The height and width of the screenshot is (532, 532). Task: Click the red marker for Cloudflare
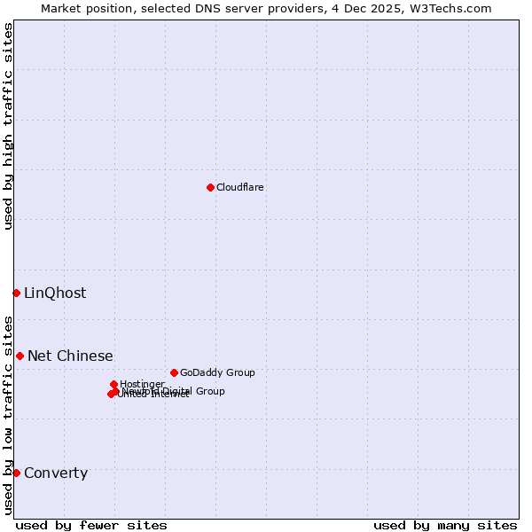[210, 187]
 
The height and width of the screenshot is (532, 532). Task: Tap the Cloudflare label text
[240, 187]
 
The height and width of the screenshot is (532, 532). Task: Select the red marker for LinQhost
[16, 293]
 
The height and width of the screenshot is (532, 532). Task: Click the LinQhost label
[55, 293]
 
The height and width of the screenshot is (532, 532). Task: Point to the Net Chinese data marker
[20, 356]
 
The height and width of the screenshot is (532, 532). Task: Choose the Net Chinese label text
[70, 356]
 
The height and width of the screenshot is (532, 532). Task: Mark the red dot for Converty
[16, 473]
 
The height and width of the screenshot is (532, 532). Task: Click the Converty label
[56, 473]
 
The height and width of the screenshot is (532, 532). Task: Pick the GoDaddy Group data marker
[174, 372]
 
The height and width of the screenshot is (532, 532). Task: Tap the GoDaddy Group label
[217, 372]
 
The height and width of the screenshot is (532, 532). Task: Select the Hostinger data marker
[113, 384]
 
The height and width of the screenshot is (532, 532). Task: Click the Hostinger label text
[142, 384]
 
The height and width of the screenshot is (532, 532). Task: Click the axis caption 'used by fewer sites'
[91, 525]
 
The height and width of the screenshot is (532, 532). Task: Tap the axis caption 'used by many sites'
[445, 525]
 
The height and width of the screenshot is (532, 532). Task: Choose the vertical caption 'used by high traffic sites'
[8, 126]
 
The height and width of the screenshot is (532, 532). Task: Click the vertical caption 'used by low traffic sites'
[8, 414]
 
